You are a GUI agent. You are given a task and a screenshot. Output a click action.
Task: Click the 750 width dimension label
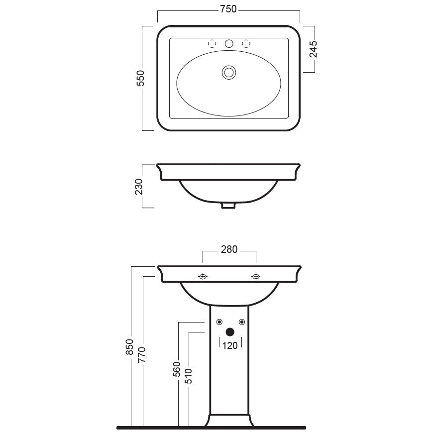click(x=228, y=9)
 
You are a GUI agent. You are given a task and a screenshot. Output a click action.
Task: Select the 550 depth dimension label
click(x=140, y=78)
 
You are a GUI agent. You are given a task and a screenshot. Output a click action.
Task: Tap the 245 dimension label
click(x=313, y=49)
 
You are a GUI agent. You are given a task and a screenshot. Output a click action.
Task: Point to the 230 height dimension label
click(x=139, y=187)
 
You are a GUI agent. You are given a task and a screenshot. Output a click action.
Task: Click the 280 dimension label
click(x=229, y=249)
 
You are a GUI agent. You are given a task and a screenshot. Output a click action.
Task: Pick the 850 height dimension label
click(x=129, y=347)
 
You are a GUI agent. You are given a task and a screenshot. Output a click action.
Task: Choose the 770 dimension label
click(x=142, y=354)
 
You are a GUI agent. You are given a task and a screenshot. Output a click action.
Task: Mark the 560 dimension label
click(x=176, y=369)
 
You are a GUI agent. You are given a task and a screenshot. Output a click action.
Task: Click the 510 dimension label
click(x=189, y=376)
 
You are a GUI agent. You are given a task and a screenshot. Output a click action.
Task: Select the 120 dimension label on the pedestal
click(x=230, y=345)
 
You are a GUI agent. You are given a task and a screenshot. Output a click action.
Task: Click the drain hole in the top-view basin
click(x=229, y=73)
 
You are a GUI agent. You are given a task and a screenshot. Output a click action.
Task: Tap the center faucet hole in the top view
click(x=229, y=43)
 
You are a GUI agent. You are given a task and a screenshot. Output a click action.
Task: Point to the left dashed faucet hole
click(x=212, y=43)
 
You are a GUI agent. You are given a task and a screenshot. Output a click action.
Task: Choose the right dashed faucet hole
click(x=246, y=43)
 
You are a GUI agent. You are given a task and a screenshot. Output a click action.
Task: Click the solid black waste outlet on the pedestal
click(x=230, y=332)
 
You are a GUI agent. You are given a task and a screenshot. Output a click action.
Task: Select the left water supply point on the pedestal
click(x=219, y=322)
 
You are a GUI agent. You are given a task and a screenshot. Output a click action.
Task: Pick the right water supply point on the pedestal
click(x=242, y=322)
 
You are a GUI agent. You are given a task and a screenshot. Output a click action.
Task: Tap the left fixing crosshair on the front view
click(x=203, y=276)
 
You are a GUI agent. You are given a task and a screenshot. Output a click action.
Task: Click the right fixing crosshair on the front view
click(x=256, y=276)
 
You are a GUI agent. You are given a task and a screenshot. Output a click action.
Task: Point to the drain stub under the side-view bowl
click(x=228, y=206)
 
